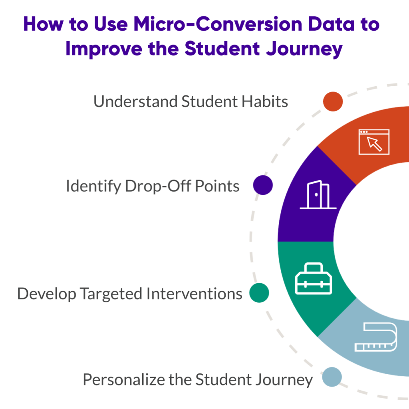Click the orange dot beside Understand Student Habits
tap(333, 101)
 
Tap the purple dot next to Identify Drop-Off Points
tap(263, 185)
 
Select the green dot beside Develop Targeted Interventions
tap(259, 294)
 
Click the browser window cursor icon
tap(374, 142)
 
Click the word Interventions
tap(194, 294)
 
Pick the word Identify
tap(93, 186)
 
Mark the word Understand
tap(135, 101)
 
